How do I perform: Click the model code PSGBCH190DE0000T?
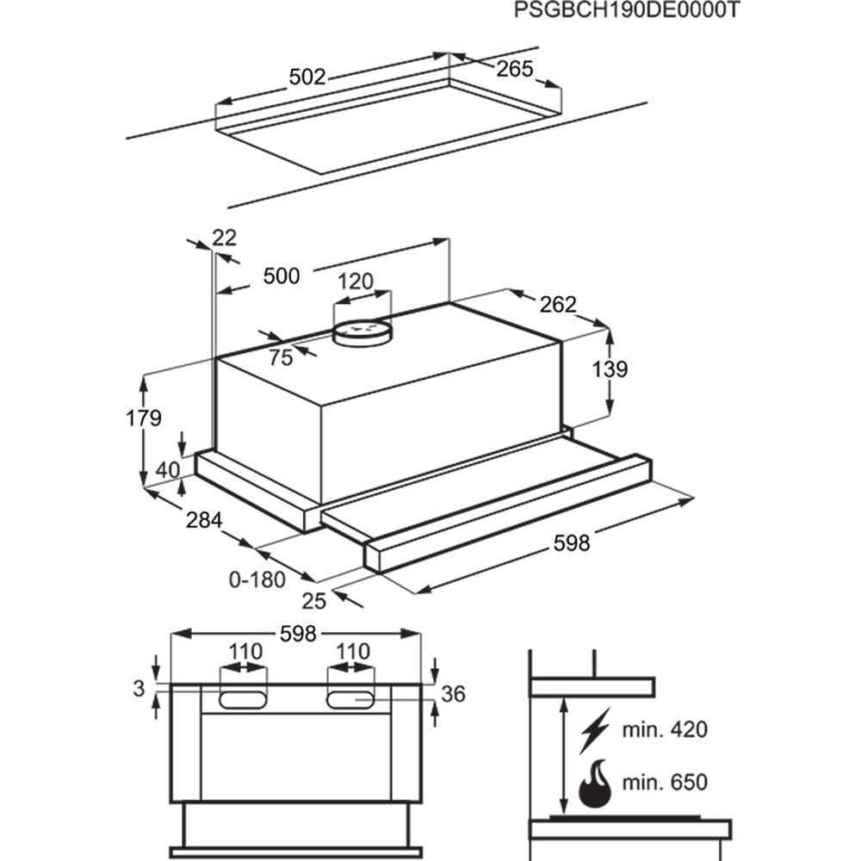coord(626,11)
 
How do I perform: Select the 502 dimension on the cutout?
coord(307,77)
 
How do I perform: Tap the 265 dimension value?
coord(516,69)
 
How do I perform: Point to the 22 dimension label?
coord(224,238)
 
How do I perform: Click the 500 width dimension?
coord(282,276)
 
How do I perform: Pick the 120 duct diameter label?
coord(355,282)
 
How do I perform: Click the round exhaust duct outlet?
coord(362,332)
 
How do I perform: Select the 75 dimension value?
coord(281,358)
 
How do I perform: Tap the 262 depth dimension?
coord(558,304)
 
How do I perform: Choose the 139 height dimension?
coord(610,369)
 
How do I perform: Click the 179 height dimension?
coord(143,418)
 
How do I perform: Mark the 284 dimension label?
coord(204,520)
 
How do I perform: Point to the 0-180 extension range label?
coord(257,579)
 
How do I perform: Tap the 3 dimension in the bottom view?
coord(139,688)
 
